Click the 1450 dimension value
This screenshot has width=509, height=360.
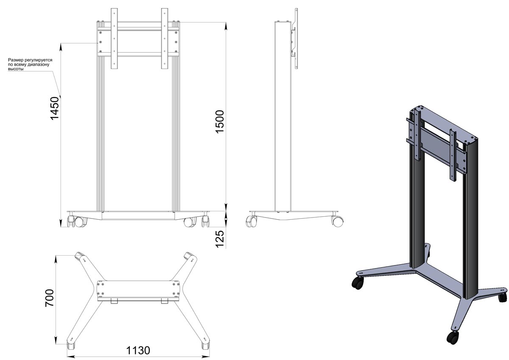tap(55, 108)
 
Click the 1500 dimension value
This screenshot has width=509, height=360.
tap(220, 122)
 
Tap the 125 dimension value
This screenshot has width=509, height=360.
tap(220, 239)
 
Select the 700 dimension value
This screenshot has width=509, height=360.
tap(50, 298)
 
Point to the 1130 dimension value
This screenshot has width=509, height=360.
tap(138, 351)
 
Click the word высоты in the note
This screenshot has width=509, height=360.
tap(16, 69)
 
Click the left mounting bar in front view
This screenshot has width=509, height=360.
tap(114, 39)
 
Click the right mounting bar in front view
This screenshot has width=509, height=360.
tap(165, 39)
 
